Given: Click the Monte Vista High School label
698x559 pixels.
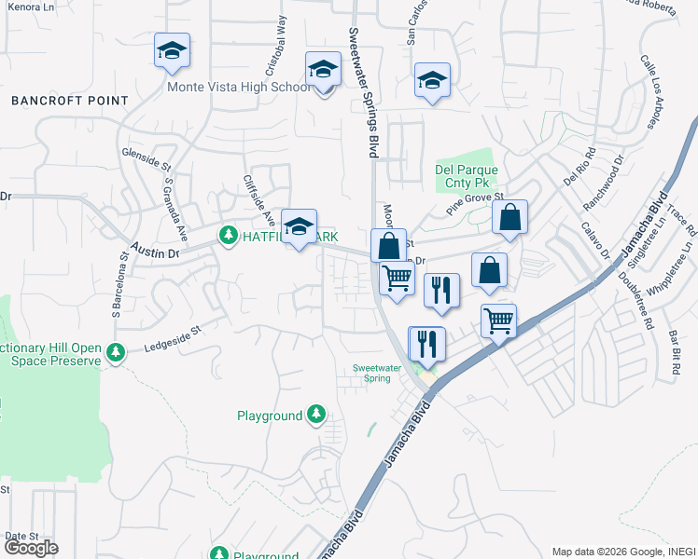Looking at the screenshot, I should click(239, 88).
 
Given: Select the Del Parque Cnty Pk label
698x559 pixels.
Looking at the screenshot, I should click(467, 177).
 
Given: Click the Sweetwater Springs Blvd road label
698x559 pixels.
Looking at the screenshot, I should click(365, 90).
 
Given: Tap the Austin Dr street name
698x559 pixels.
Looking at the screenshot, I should click(154, 250).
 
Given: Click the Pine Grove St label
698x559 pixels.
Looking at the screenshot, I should click(474, 205).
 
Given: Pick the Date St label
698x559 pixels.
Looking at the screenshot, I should click(21, 537).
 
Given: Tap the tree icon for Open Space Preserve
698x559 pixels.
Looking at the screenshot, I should click(115, 352).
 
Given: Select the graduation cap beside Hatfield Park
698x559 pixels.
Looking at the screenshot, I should click(299, 226).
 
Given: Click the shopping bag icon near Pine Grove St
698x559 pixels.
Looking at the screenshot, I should click(510, 218).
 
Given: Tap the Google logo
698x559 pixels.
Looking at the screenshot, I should click(31, 548).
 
